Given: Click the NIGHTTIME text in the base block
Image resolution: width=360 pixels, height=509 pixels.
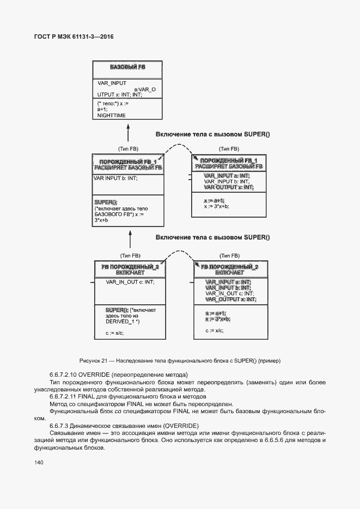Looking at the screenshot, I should [111, 115].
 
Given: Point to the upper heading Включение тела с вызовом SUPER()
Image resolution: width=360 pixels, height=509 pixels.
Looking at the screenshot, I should [213, 134].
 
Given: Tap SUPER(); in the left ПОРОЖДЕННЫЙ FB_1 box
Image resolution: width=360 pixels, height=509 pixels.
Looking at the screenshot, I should [106, 202].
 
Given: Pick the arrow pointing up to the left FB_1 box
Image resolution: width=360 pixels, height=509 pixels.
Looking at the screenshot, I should [130, 238].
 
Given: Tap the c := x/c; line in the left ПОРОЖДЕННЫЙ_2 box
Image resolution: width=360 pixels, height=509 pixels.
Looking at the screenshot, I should [114, 332].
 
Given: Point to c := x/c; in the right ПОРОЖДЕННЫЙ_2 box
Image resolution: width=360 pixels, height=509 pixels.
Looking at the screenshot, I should [215, 330].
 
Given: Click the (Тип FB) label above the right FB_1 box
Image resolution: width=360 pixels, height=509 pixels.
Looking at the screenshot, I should [229, 149].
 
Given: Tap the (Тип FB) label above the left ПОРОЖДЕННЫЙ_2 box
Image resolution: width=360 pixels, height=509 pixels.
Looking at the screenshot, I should [130, 255].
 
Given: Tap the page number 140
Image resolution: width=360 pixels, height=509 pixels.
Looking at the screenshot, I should [38, 463].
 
